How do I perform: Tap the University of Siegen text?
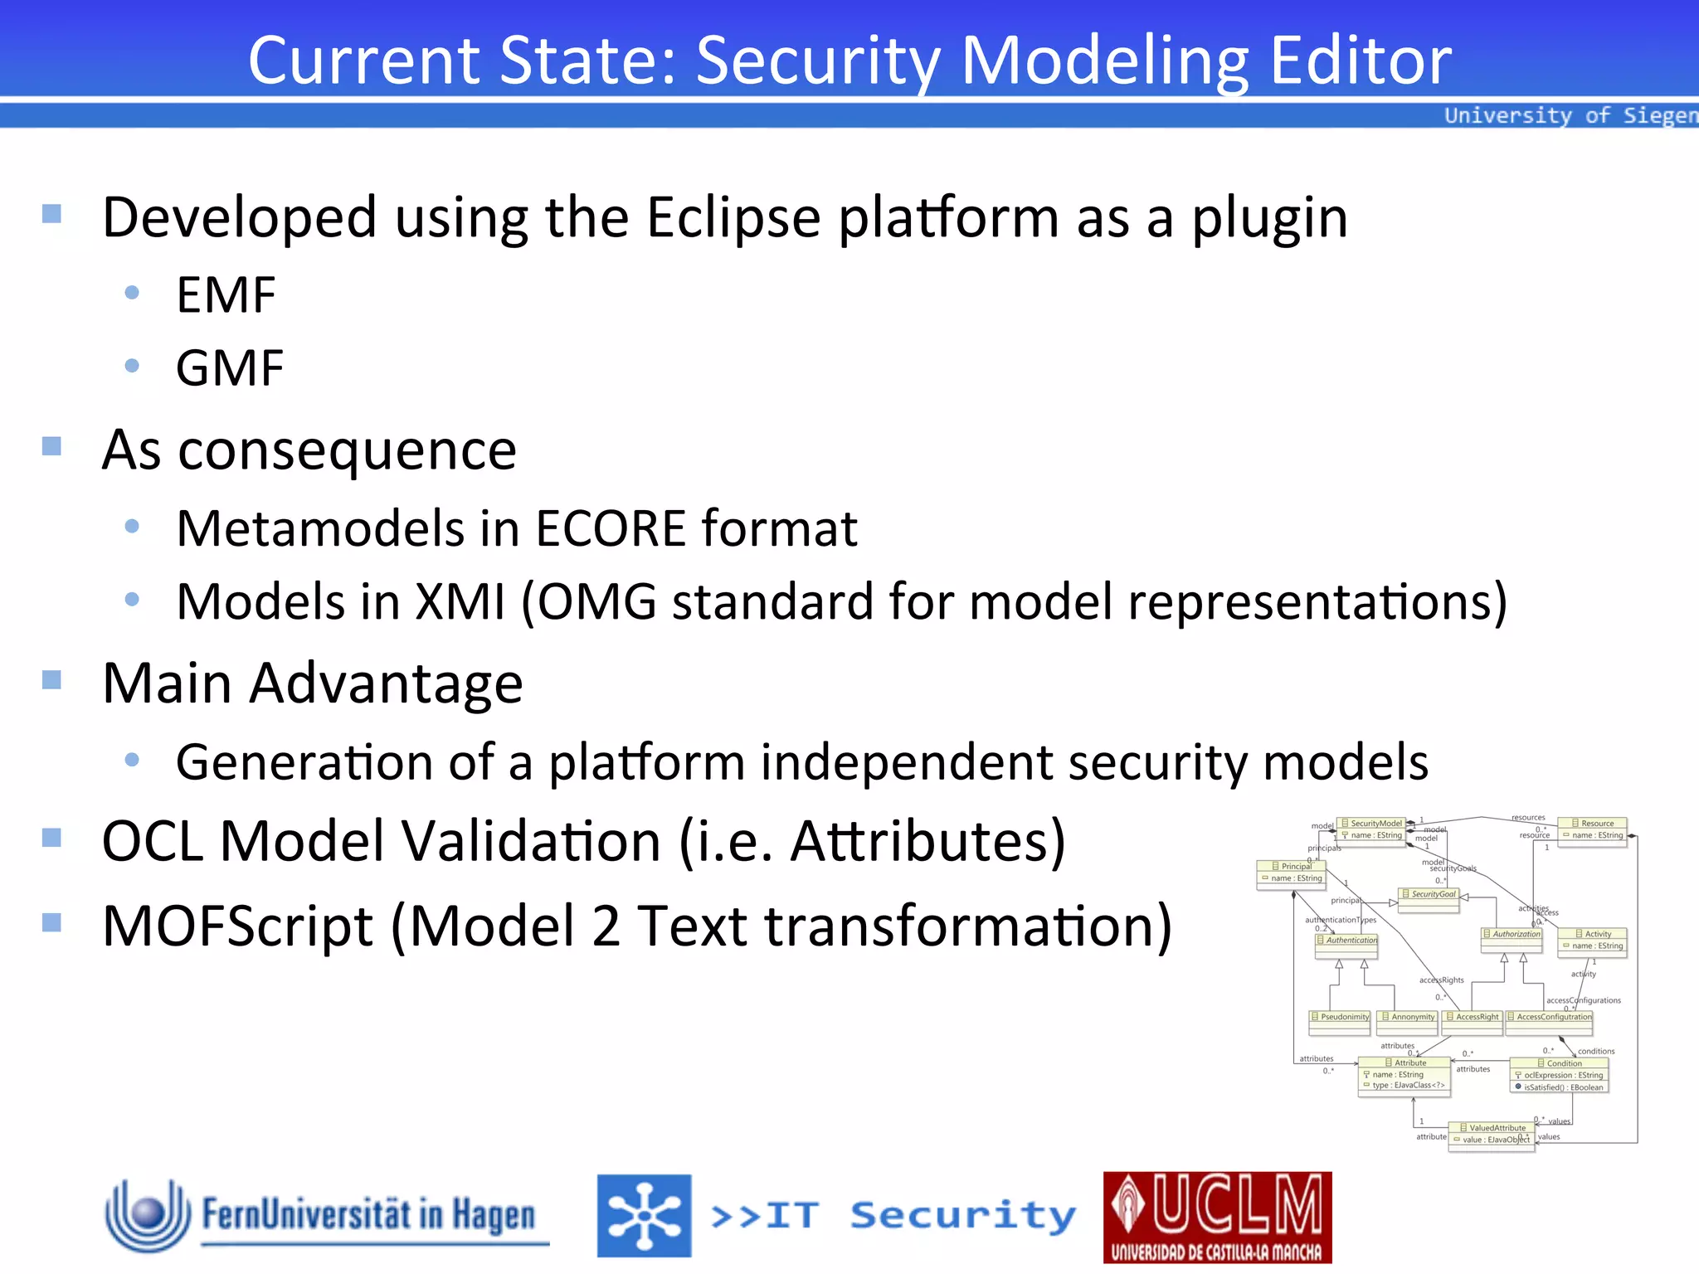1570,115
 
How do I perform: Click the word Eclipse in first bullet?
733,217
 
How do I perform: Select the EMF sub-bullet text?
226,294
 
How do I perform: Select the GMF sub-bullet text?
230,368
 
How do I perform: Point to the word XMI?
460,601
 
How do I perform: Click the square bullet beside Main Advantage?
51,680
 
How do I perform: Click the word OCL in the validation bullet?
153,841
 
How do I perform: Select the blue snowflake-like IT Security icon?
644,1215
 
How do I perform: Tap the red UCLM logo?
1217,1217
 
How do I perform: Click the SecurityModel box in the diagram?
1372,829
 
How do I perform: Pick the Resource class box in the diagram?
1592,829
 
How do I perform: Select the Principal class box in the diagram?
1292,873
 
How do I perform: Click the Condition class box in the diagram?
1559,1075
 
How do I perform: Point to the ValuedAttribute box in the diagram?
1492,1134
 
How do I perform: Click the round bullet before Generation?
132,760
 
